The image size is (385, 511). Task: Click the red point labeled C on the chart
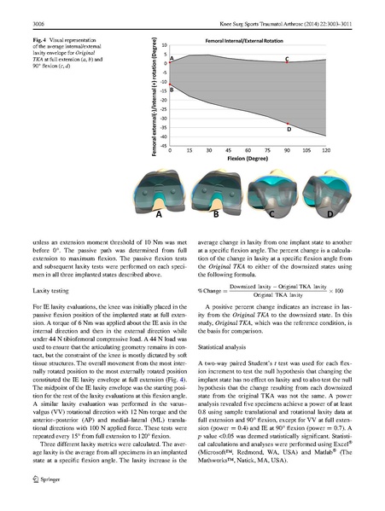pyautogui.click(x=287, y=63)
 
